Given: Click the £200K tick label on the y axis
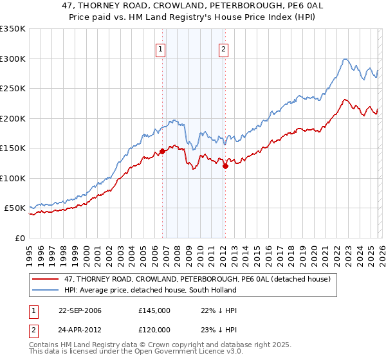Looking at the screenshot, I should click(13, 118).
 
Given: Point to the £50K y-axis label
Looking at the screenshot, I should click(15, 208).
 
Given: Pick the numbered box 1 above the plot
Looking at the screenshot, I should click(160, 48).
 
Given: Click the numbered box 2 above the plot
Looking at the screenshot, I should click(223, 48).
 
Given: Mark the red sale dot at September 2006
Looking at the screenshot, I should click(162, 151).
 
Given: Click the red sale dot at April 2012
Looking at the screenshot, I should click(225, 166).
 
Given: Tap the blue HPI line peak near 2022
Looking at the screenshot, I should click(345, 59).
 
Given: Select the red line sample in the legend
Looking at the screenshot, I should click(46, 279).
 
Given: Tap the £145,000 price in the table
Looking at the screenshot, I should click(154, 310).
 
